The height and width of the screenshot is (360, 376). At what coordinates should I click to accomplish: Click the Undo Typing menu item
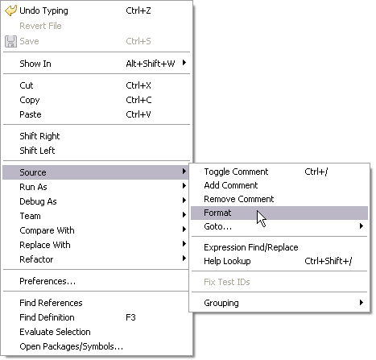(x=43, y=10)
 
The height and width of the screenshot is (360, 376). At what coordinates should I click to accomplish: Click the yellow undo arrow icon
(x=10, y=10)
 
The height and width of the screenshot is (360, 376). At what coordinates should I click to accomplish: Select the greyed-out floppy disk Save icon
(x=10, y=41)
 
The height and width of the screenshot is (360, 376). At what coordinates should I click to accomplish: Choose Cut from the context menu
(x=27, y=85)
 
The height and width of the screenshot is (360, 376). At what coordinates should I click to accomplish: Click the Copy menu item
(x=30, y=100)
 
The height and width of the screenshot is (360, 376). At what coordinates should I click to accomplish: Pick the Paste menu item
(x=31, y=114)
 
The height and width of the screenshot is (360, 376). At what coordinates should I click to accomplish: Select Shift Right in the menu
(x=39, y=136)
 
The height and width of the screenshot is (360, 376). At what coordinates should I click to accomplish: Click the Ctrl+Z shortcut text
(x=138, y=10)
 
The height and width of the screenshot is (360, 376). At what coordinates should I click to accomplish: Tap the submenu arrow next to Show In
(x=184, y=63)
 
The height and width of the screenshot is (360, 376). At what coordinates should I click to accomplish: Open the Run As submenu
(x=33, y=187)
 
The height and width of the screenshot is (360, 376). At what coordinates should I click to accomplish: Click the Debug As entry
(x=38, y=201)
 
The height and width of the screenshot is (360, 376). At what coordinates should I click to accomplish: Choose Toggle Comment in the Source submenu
(x=236, y=172)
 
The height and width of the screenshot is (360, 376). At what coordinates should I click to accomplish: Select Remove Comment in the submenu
(x=238, y=199)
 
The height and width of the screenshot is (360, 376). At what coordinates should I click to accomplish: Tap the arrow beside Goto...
(x=362, y=226)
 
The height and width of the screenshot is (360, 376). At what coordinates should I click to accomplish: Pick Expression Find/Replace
(x=251, y=247)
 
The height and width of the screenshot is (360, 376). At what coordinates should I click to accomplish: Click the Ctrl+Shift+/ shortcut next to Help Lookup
(x=328, y=261)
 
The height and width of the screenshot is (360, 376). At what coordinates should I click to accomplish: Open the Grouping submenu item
(x=221, y=303)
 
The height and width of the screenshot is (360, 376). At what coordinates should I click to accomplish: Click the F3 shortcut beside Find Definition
(x=130, y=317)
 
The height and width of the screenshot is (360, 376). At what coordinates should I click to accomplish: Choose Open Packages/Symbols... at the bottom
(x=71, y=346)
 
